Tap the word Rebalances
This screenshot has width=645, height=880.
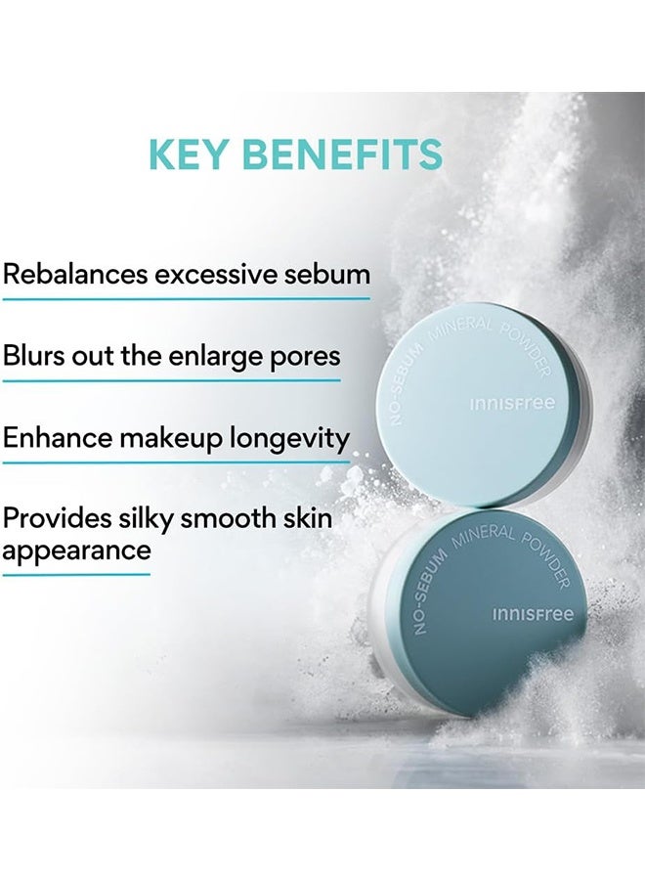pyautogui.click(x=74, y=273)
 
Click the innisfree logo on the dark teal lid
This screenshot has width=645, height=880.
pyautogui.click(x=533, y=615)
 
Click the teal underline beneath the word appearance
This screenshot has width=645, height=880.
pyautogui.click(x=76, y=574)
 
